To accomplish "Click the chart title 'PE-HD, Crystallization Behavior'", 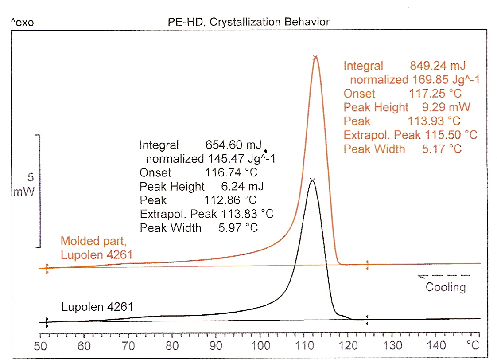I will point(249,22).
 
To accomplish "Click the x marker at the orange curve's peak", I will point(315,57).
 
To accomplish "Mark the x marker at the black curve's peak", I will point(312,180).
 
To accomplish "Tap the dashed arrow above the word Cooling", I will point(443,276).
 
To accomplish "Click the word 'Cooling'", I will point(446,287).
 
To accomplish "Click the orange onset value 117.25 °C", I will point(434,94).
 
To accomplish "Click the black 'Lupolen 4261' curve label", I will point(97,306).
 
